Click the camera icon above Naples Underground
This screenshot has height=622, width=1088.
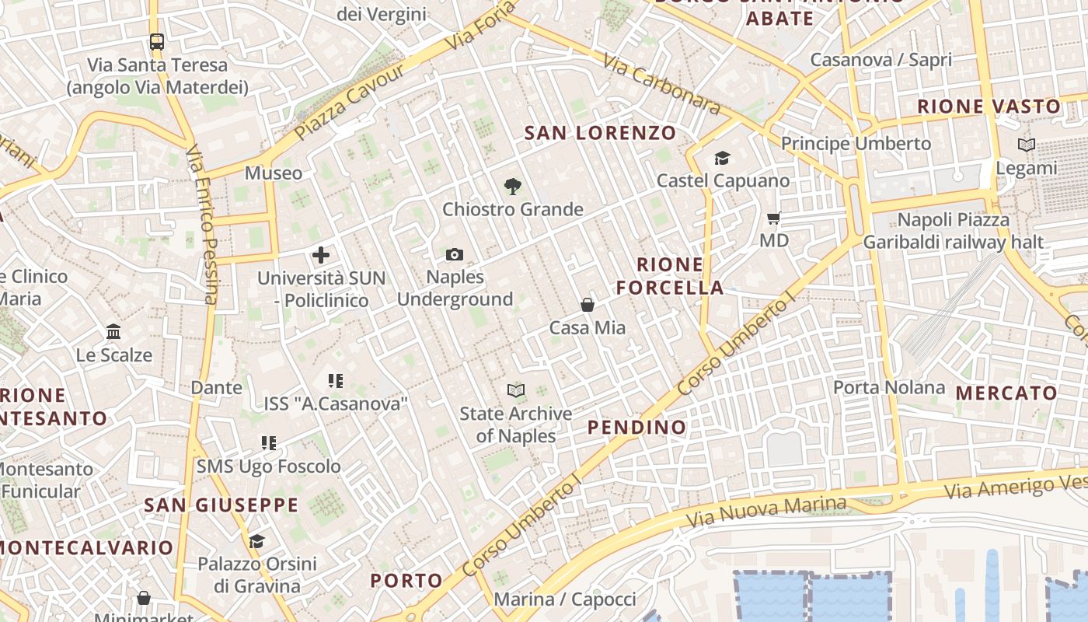455,254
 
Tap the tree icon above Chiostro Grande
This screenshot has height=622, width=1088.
512,187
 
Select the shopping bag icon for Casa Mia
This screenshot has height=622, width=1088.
588,305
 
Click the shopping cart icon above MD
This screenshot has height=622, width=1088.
773,218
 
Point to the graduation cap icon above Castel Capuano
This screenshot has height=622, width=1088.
723,159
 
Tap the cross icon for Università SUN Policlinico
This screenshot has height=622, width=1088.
321,255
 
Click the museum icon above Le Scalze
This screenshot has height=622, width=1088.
113,332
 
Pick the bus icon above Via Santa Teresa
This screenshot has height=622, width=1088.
157,42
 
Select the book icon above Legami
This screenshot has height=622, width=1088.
1027,145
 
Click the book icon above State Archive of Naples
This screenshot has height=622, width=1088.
516,390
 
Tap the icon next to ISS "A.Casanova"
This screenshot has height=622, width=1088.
336,381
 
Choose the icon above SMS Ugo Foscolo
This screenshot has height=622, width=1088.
269,443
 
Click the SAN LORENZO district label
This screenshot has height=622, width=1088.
600,133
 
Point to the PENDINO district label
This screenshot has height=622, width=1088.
637,427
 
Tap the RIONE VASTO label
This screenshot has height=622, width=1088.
989,107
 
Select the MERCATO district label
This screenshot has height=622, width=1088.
1006,393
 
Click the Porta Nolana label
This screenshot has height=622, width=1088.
889,387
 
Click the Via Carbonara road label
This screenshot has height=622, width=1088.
661,86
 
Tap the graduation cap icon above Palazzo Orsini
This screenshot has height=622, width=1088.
256,541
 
